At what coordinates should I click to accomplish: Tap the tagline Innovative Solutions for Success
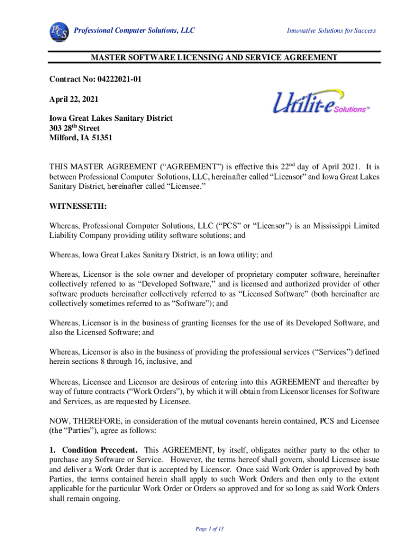click(x=331, y=30)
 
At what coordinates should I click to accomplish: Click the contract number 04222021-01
click(x=120, y=80)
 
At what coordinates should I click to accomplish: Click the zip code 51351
click(x=100, y=138)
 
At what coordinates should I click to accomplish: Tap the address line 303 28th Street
click(x=75, y=128)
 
